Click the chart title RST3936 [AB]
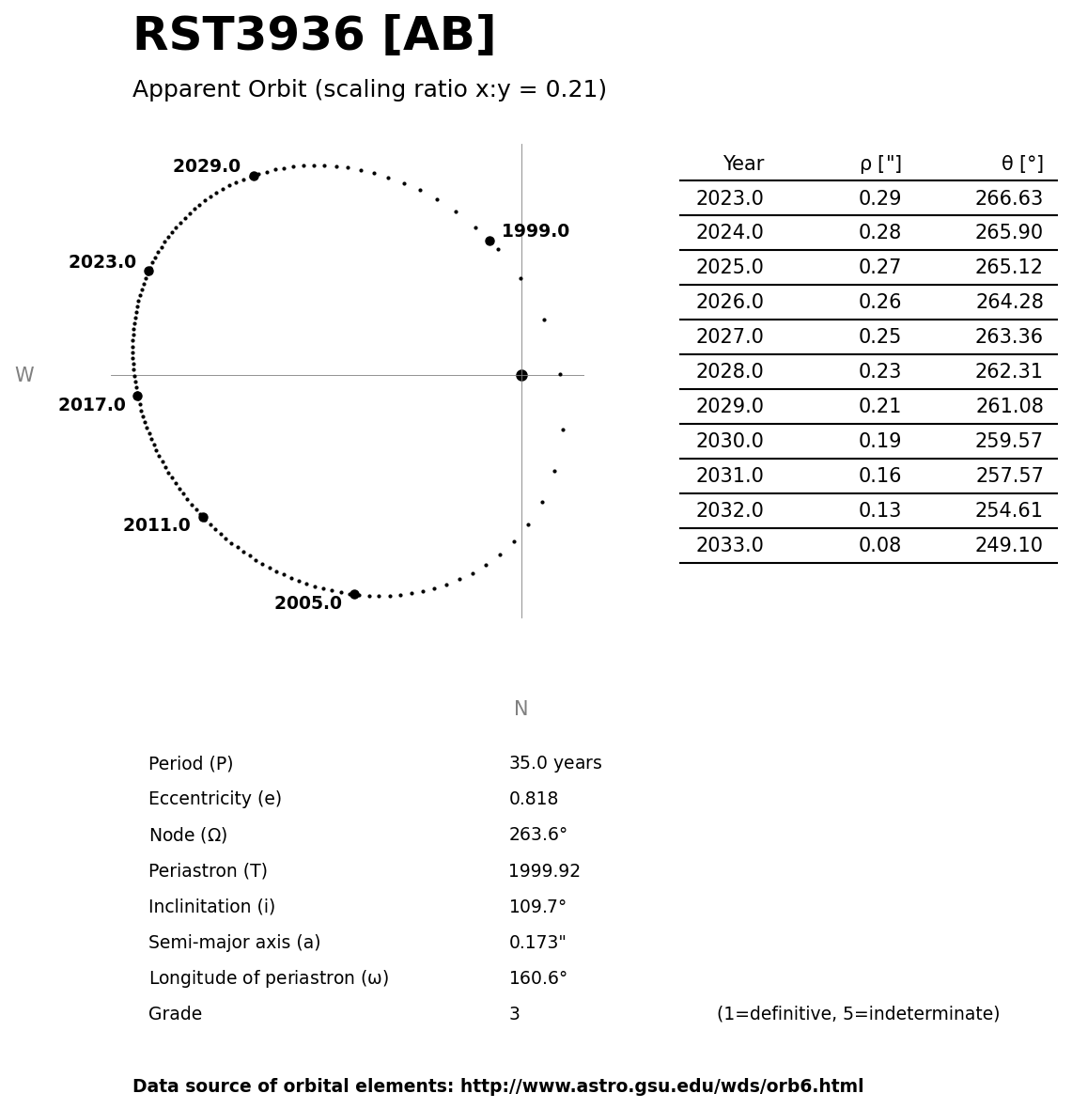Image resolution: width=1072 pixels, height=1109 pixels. coord(314,36)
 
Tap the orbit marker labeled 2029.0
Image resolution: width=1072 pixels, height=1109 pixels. coord(254,176)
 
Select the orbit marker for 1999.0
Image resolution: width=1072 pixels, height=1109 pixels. coord(489,241)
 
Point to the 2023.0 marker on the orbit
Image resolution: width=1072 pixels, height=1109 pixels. coord(148,271)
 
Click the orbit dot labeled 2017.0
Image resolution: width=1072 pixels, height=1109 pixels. coord(137,396)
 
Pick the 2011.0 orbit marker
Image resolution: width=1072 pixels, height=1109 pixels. coord(203,517)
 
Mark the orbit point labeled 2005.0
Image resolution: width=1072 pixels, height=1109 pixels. coord(354,594)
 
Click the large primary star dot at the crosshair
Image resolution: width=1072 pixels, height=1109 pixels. coord(521,375)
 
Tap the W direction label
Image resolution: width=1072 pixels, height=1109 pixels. coord(24,376)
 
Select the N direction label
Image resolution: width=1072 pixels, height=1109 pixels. coord(520,710)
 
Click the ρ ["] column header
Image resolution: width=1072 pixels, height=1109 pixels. coord(880,164)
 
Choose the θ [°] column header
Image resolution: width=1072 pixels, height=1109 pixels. coord(1022,164)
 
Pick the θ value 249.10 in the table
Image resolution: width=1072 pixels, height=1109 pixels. coord(1009,546)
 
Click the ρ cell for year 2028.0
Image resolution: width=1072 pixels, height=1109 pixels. coord(879,372)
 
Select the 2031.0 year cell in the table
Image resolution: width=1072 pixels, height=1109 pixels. coord(729,476)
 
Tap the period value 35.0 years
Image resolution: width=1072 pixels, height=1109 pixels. coord(555,764)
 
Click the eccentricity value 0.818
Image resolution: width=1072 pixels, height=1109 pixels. coord(534,800)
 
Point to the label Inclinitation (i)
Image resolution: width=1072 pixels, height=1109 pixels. coord(211,908)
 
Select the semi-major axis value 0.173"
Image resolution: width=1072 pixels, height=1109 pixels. coord(537,944)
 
